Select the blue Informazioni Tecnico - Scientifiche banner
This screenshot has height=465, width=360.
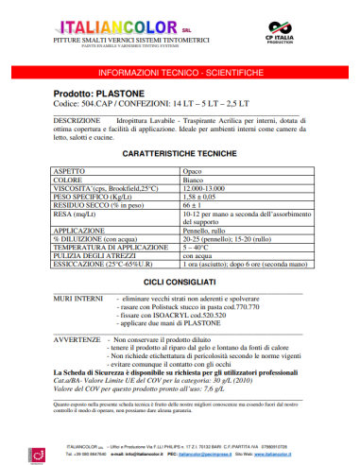pos(180,72)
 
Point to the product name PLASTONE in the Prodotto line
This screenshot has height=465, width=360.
pos(119,95)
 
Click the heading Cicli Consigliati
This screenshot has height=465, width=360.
pos(179,281)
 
